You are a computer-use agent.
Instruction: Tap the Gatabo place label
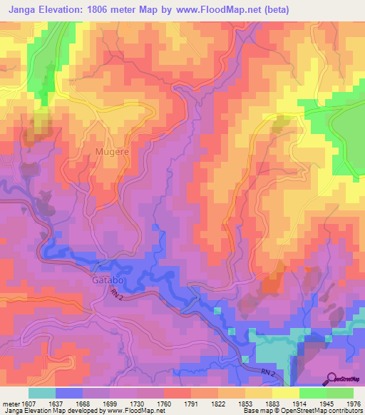point(108,280)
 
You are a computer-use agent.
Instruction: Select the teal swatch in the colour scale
point(41,393)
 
